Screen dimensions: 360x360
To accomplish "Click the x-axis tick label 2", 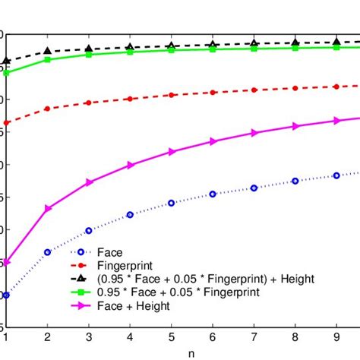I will pos(48,336).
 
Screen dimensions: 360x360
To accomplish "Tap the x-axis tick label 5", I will pos(172,336).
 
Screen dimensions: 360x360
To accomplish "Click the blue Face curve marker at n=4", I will pos(130,215).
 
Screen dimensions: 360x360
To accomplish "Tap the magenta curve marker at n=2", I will pos(48,208).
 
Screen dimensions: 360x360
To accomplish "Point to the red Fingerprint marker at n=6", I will pos(213,93).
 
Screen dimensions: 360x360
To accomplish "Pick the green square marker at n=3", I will pos(89,55).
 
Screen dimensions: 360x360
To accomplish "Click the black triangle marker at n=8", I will pos(295,43).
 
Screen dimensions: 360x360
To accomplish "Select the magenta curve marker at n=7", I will pos(254,133).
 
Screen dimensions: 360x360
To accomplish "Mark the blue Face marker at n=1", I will pos(6,295).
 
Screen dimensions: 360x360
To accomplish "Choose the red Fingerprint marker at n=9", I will pos(336,87).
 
